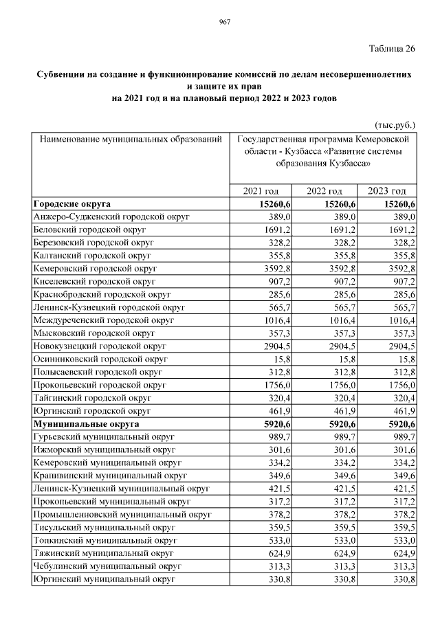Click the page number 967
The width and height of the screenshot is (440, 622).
(x=224, y=23)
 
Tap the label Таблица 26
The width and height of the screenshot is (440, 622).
(x=392, y=49)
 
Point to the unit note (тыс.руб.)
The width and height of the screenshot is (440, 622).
(x=395, y=126)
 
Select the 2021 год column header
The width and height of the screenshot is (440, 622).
(x=261, y=191)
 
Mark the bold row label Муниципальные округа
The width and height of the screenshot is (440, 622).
(x=86, y=425)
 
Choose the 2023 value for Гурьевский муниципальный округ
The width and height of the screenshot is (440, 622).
(x=402, y=437)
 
